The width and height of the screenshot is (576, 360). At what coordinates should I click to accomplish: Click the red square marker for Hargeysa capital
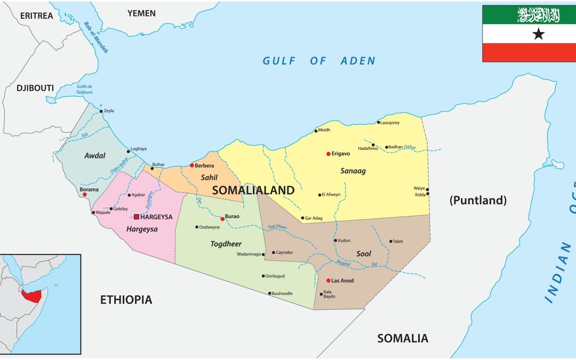pyautogui.click(x=137, y=217)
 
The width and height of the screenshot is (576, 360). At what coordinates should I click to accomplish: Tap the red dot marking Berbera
pyautogui.click(x=191, y=165)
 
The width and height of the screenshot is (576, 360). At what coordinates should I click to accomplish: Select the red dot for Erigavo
pyautogui.click(x=329, y=154)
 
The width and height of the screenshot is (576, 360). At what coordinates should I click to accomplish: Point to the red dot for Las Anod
pyautogui.click(x=328, y=281)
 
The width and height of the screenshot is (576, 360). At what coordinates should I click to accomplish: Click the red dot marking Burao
pyautogui.click(x=222, y=219)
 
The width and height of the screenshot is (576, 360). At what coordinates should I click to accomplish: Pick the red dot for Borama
pyautogui.click(x=84, y=195)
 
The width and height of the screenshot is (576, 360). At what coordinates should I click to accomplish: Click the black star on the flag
pyautogui.click(x=539, y=34)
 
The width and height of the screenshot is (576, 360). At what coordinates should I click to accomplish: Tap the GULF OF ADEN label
pyautogui.click(x=318, y=61)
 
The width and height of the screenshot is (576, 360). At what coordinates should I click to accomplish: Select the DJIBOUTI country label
pyautogui.click(x=35, y=87)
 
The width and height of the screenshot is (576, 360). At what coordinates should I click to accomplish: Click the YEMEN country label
pyautogui.click(x=141, y=13)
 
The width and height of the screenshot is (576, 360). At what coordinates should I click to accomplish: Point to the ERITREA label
pyautogui.click(x=37, y=15)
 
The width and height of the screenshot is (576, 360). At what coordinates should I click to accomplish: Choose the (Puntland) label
pyautogui.click(x=477, y=200)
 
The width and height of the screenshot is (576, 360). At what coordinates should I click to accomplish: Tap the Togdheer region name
pyautogui.click(x=226, y=244)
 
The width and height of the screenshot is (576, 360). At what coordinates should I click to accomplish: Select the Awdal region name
pyautogui.click(x=94, y=156)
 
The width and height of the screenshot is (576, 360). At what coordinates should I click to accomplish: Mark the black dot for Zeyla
pyautogui.click(x=101, y=111)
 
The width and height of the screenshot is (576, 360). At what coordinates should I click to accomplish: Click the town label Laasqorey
pyautogui.click(x=390, y=122)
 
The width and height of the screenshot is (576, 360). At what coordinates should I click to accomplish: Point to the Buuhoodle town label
pyautogui.click(x=282, y=293)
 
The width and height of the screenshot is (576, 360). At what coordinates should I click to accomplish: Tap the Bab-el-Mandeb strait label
pyautogui.click(x=96, y=37)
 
